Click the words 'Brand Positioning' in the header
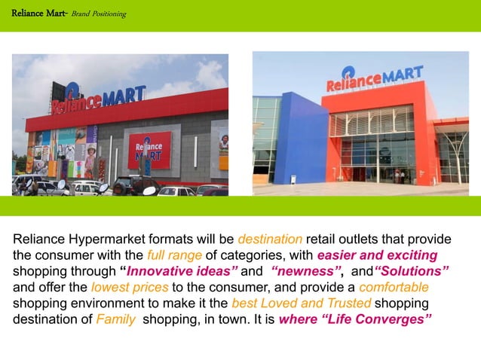point(99,14)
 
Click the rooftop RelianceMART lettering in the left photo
point(97,98)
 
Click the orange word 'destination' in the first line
point(271,239)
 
